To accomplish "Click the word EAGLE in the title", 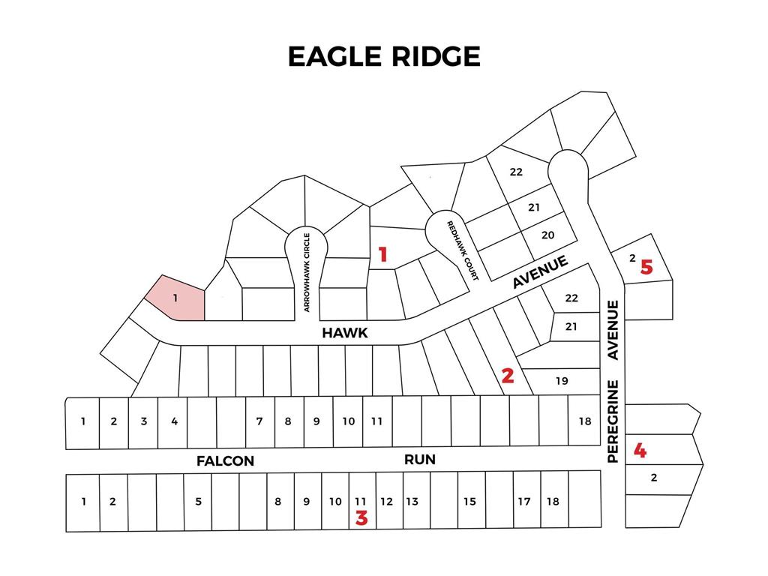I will pyautogui.click(x=331, y=57).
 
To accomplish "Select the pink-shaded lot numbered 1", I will pyautogui.click(x=174, y=298).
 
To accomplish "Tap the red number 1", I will pyautogui.click(x=382, y=255).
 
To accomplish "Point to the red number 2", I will pyautogui.click(x=508, y=376).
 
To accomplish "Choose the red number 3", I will pyautogui.click(x=361, y=518).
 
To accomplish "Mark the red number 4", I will pyautogui.click(x=640, y=451).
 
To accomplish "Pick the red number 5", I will pyautogui.click(x=646, y=267).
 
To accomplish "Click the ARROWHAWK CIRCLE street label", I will pyautogui.click(x=307, y=271).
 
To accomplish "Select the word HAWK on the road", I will pyautogui.click(x=345, y=333).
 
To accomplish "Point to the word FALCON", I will pyautogui.click(x=225, y=461).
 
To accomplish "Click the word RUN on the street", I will pyautogui.click(x=420, y=459).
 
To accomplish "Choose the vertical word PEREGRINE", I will pyautogui.click(x=613, y=421).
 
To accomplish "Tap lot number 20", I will pyautogui.click(x=547, y=235).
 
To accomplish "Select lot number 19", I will pyautogui.click(x=562, y=381).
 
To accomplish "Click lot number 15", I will pyautogui.click(x=469, y=501).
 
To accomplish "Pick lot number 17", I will pyautogui.click(x=524, y=501).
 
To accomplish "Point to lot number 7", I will pyautogui.click(x=259, y=421).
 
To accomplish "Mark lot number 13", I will pyautogui.click(x=412, y=501).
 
